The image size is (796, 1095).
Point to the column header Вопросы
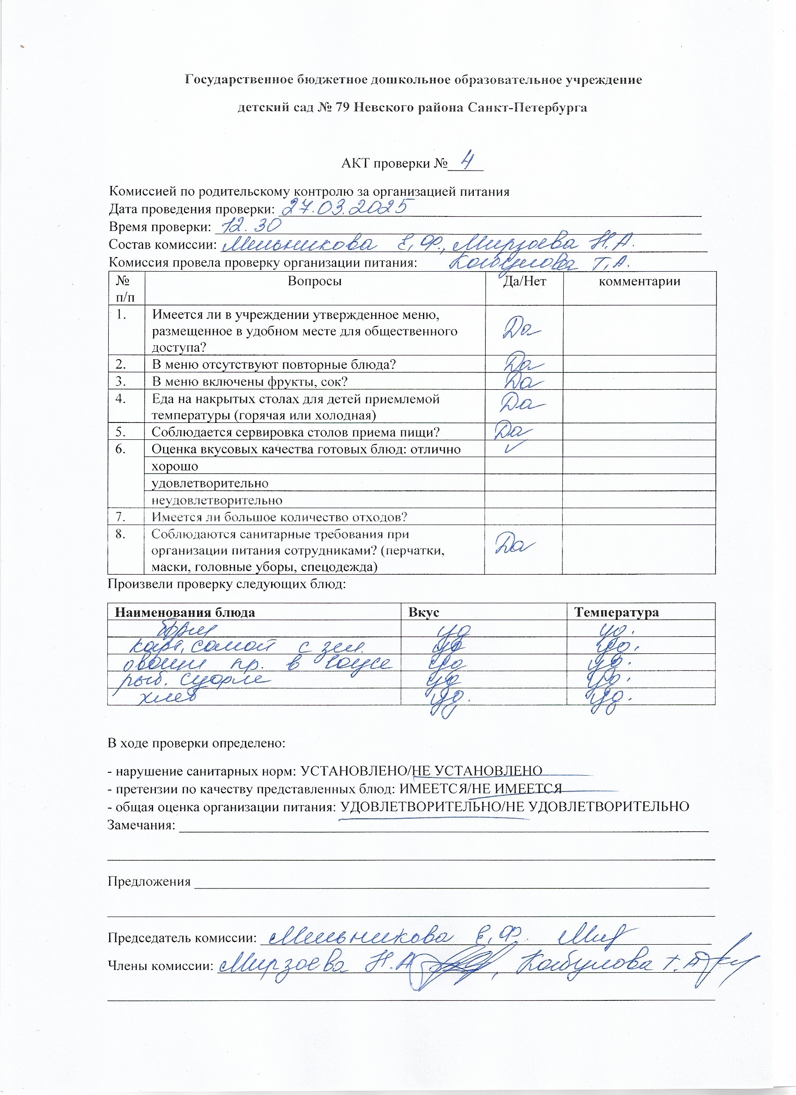click(315, 281)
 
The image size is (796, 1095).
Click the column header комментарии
click(639, 281)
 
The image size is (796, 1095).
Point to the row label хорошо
click(175, 466)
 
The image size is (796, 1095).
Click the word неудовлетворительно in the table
click(217, 500)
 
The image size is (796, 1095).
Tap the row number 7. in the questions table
click(121, 517)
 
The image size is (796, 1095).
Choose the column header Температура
click(616, 613)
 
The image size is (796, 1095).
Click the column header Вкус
click(423, 613)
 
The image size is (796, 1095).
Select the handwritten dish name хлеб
click(167, 698)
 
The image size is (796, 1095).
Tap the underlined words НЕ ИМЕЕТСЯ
click(516, 789)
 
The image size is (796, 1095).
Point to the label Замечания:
click(141, 825)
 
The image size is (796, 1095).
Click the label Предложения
click(149, 881)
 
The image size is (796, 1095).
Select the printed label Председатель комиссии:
click(182, 938)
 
